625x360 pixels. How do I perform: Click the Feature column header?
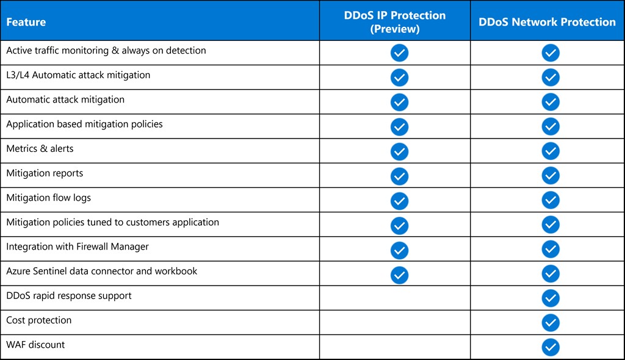[x=26, y=22]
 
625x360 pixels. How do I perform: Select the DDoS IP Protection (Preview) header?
[x=395, y=22]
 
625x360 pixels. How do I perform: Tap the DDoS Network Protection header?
[x=547, y=22]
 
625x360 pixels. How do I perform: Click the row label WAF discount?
[x=35, y=345]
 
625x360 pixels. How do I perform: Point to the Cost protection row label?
[x=39, y=320]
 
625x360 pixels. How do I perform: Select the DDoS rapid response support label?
[x=69, y=296]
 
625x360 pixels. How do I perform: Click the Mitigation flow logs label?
[x=49, y=198]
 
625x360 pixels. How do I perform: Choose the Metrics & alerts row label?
[x=40, y=149]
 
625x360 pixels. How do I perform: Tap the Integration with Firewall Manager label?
[x=78, y=247]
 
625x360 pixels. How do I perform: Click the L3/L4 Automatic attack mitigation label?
[x=78, y=75]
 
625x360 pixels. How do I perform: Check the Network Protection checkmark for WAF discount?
[x=551, y=347]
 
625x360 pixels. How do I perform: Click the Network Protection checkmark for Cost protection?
[x=551, y=323]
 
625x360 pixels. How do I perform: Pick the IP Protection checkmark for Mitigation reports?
[x=399, y=176]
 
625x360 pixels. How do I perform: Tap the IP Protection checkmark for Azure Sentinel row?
[x=399, y=274]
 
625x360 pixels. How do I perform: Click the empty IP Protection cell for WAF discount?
[x=395, y=347]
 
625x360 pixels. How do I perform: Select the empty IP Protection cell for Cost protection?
[x=395, y=323]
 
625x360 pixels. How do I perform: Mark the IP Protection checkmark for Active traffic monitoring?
[x=399, y=53]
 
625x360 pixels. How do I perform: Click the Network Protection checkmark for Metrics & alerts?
[x=551, y=151]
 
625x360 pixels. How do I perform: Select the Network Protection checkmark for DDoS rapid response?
[x=551, y=298]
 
